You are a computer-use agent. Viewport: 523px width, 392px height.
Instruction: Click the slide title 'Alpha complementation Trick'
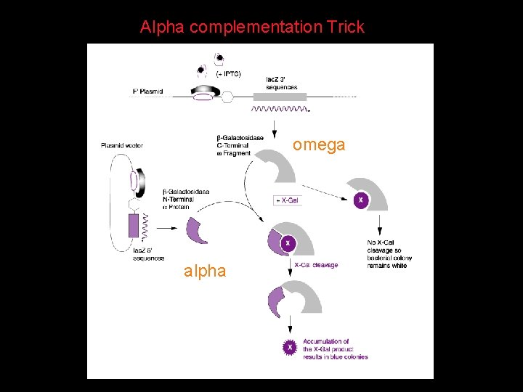(x=252, y=28)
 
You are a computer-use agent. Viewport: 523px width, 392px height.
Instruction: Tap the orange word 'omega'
(x=319, y=145)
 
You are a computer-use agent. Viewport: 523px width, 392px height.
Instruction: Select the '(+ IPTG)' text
(x=230, y=73)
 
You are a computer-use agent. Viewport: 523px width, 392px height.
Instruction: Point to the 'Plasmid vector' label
(x=122, y=146)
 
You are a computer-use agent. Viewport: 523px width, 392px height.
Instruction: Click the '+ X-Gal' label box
(x=287, y=200)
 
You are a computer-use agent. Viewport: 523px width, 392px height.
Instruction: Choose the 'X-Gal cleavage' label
(x=316, y=265)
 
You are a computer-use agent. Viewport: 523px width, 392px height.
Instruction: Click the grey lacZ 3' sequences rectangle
(x=280, y=96)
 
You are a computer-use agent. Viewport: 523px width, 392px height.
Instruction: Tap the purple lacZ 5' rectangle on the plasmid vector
(x=134, y=226)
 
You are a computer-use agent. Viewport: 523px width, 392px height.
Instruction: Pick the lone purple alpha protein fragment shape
(x=196, y=230)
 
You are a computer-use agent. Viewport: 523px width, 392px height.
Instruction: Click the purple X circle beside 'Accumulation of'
(x=290, y=348)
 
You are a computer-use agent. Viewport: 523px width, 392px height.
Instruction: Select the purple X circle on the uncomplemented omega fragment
(x=361, y=199)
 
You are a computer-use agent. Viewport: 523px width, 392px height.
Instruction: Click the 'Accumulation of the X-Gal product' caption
(x=335, y=349)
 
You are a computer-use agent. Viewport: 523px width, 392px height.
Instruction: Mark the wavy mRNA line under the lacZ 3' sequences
(x=279, y=110)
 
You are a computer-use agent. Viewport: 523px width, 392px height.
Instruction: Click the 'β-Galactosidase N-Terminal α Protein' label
(x=186, y=199)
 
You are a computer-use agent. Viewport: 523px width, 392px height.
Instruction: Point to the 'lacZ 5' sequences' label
(x=148, y=254)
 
